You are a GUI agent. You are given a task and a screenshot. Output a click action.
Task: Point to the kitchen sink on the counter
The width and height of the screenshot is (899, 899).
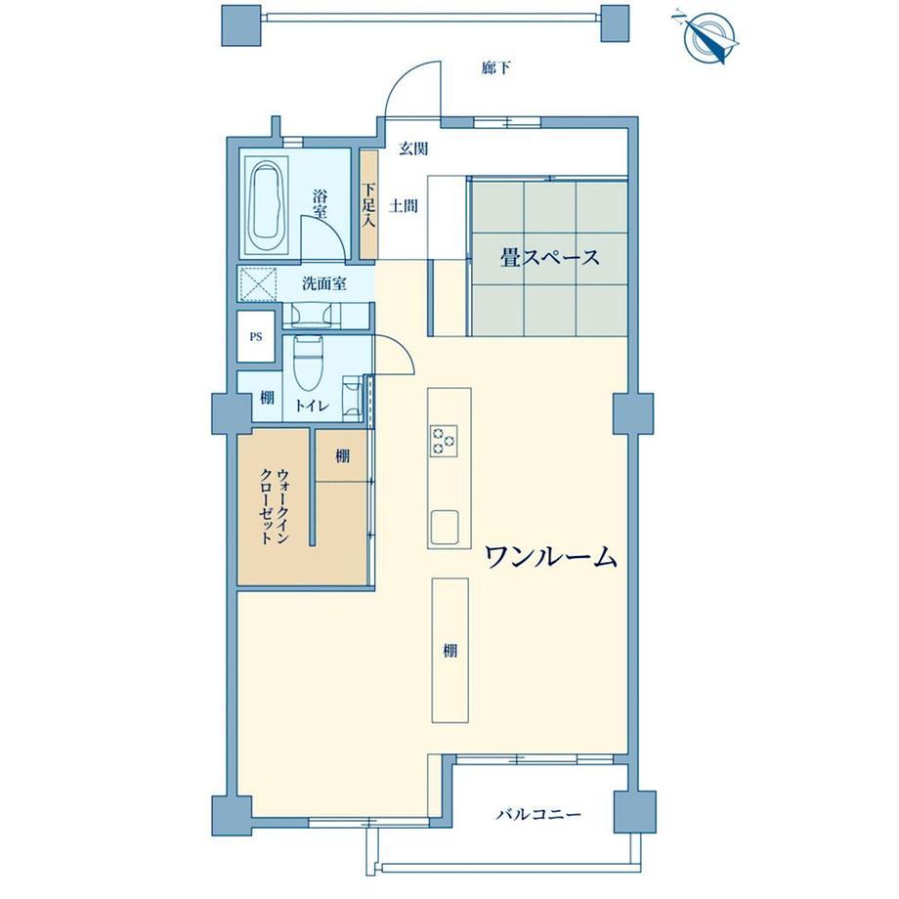[x=445, y=526]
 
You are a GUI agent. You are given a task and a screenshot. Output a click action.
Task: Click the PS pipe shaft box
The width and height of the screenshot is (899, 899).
[x=256, y=336]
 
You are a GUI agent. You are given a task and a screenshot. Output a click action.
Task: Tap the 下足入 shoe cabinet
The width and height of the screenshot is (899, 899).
[x=368, y=204]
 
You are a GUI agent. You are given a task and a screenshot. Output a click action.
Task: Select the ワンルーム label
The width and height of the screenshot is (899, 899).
[x=551, y=557]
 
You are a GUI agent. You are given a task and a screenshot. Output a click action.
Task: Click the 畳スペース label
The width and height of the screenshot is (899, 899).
[x=549, y=257]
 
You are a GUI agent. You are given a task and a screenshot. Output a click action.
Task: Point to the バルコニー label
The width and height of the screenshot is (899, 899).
[x=538, y=814]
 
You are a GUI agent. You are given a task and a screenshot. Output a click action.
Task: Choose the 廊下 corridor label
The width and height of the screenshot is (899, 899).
[x=496, y=68]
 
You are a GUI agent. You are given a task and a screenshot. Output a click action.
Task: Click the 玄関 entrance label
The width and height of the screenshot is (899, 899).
[x=413, y=150]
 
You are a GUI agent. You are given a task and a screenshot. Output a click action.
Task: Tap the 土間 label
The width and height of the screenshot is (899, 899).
[x=404, y=206]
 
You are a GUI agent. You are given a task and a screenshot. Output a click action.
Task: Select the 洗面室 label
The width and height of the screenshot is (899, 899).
[x=324, y=283]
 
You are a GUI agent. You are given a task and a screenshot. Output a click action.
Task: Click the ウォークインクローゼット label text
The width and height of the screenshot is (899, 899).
[x=274, y=506]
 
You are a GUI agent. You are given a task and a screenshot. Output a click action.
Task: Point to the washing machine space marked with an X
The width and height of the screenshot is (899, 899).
[x=258, y=284]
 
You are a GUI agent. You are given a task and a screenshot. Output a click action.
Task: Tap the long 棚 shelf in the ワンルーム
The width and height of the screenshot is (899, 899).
[x=450, y=651]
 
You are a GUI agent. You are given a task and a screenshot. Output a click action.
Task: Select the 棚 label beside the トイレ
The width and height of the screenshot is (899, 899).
[x=267, y=398]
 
